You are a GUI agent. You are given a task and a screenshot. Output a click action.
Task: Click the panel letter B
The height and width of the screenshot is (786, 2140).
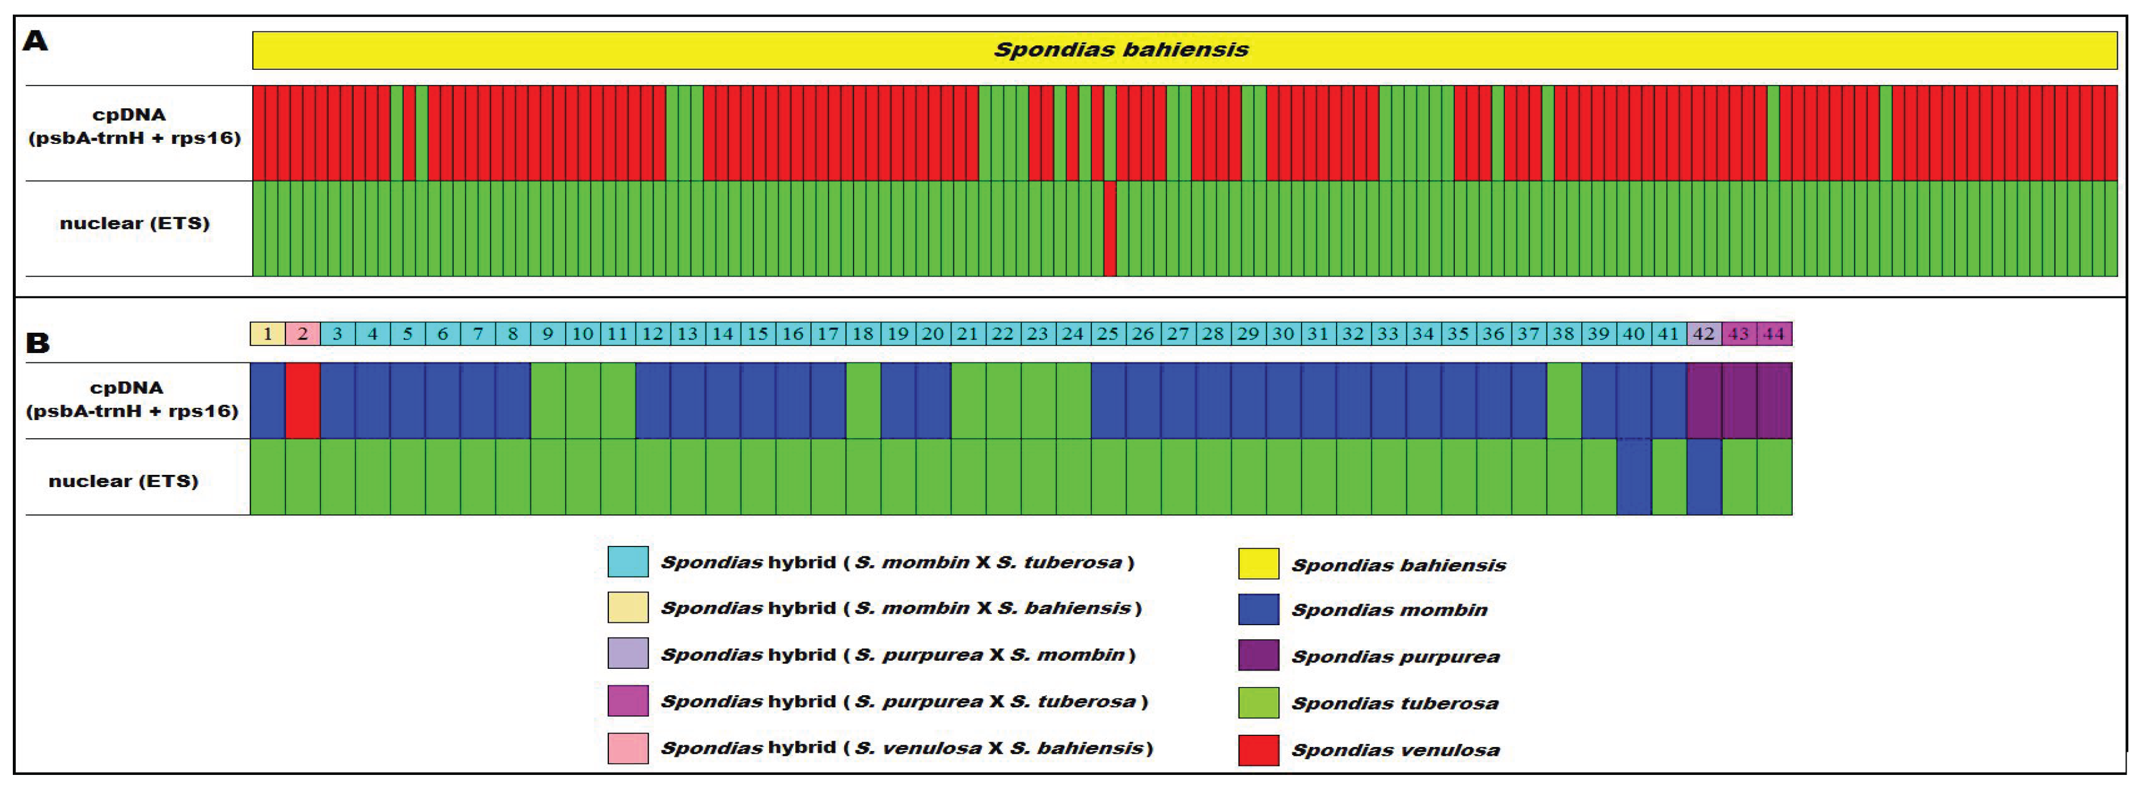click(x=37, y=343)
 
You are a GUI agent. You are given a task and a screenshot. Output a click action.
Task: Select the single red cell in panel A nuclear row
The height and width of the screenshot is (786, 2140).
click(x=1109, y=228)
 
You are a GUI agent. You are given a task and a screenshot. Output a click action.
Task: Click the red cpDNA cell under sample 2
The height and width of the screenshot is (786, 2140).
click(x=302, y=400)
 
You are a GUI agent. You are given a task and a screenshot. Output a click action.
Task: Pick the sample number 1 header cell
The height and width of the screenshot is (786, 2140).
click(x=267, y=334)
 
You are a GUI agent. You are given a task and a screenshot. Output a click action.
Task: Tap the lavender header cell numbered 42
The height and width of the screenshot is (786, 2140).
click(x=1704, y=334)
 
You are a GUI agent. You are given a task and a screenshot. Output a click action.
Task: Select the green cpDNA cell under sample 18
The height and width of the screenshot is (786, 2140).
click(x=863, y=400)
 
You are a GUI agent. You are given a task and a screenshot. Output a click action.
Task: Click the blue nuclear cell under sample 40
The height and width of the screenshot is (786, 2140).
click(x=1633, y=477)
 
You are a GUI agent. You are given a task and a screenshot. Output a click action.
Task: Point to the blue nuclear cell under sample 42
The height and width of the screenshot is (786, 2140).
click(x=1704, y=477)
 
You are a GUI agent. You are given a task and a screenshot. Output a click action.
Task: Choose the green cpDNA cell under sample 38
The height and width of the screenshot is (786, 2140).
click(x=1563, y=400)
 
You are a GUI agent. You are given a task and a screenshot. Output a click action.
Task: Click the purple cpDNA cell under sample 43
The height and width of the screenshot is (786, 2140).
click(x=1739, y=400)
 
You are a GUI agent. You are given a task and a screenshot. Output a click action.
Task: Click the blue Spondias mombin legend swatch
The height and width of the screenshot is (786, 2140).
click(x=1258, y=610)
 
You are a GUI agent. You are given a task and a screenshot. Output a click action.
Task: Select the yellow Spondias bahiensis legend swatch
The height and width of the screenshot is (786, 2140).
click(x=1258, y=564)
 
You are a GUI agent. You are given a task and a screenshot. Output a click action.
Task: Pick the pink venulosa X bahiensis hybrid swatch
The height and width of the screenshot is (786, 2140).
click(x=627, y=748)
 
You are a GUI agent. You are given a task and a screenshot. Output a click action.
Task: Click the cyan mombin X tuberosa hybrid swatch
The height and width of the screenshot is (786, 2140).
click(x=627, y=562)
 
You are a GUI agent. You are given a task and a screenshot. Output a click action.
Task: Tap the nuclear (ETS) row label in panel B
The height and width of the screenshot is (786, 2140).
click(x=124, y=481)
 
